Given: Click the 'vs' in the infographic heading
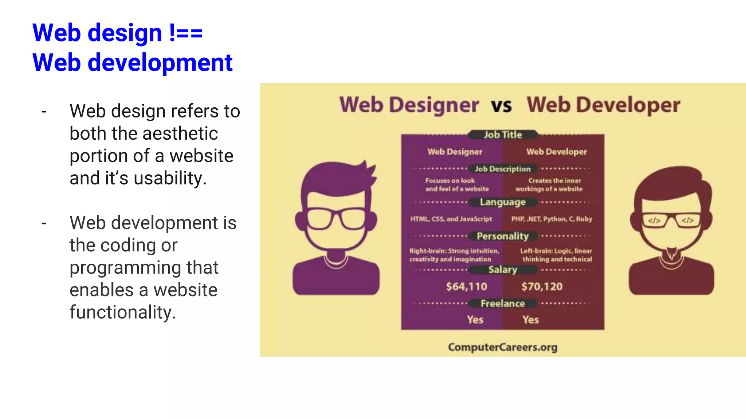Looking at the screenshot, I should [502, 105].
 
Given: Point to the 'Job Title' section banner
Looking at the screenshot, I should [503, 135].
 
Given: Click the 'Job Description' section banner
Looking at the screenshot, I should [503, 169].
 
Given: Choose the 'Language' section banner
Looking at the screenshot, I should [503, 202].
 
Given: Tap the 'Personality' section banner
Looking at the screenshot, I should [503, 236].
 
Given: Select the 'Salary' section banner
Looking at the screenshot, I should [503, 270].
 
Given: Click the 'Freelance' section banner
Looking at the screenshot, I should [503, 303].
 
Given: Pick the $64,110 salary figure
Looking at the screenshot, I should [467, 287].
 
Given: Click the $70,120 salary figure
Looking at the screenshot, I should [542, 287].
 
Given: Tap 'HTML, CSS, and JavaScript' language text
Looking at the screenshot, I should [451, 219].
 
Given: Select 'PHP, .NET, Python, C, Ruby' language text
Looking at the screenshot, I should [551, 219].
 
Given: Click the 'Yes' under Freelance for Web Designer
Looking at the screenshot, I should [475, 320].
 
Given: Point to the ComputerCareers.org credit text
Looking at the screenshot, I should [503, 347].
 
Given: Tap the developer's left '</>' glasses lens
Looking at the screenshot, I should [654, 220].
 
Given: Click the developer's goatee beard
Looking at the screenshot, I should [671, 253].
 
